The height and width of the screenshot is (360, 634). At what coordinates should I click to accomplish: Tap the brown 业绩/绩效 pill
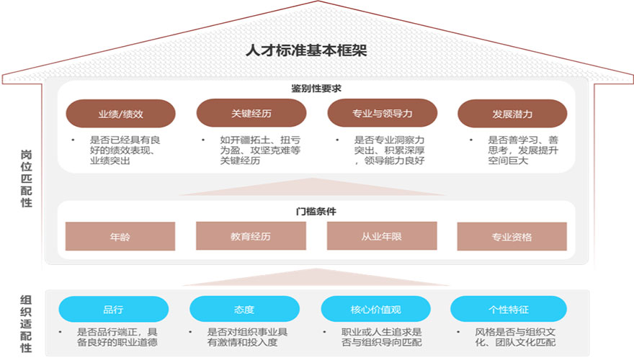pos(121,114)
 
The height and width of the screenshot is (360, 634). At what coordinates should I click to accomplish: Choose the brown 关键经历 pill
pos(251,114)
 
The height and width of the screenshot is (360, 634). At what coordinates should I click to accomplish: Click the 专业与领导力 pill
pos(382,114)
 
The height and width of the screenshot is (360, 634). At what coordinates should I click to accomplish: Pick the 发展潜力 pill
pos(512,114)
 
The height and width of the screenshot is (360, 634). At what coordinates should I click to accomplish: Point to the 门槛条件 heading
pos(316,212)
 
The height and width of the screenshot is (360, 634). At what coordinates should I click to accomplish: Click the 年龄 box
pos(120,236)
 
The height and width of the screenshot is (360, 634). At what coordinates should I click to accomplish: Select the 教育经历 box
pos(251,236)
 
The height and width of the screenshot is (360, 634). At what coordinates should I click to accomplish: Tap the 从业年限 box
pos(381,236)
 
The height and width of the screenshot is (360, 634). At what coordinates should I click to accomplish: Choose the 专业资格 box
pos(512,236)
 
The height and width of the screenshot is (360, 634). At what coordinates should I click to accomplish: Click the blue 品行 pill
pos(113,310)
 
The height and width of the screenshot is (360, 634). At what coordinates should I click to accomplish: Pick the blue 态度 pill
pos(244,310)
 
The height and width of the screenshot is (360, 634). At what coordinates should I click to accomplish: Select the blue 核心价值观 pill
pos(375,310)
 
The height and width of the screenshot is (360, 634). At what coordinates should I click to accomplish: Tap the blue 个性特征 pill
pos(505,310)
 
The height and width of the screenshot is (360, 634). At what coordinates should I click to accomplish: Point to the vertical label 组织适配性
pos(26,323)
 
